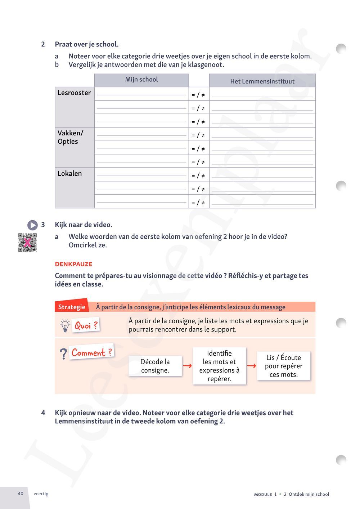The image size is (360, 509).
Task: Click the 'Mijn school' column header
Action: click(141, 80)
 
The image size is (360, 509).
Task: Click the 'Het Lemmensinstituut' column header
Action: click(262, 81)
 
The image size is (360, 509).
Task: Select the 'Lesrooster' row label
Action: click(74, 93)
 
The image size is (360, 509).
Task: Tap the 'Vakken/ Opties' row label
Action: click(70, 137)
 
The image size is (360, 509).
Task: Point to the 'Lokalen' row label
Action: click(70, 174)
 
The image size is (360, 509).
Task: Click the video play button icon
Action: click(32, 225)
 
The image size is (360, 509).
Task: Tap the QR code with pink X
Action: click(27, 243)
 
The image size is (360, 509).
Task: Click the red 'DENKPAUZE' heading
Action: click(74, 264)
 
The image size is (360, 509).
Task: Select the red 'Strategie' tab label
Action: click(72, 307)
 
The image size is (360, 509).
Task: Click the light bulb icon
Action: click(65, 325)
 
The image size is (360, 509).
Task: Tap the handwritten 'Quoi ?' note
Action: click(86, 325)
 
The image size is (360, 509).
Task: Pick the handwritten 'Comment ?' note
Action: click(92, 352)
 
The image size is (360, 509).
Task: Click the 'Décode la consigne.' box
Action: click(155, 366)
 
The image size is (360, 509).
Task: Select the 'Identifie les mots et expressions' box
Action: click(219, 366)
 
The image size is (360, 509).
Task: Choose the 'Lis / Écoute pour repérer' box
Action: click(284, 366)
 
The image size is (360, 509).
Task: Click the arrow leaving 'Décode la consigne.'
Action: click(187, 366)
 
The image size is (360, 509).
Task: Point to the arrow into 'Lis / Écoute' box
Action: click(252, 366)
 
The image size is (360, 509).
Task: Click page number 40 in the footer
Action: click(21, 494)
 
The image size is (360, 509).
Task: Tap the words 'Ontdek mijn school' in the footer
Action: click(309, 494)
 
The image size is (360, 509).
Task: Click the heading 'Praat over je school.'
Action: click(87, 44)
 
